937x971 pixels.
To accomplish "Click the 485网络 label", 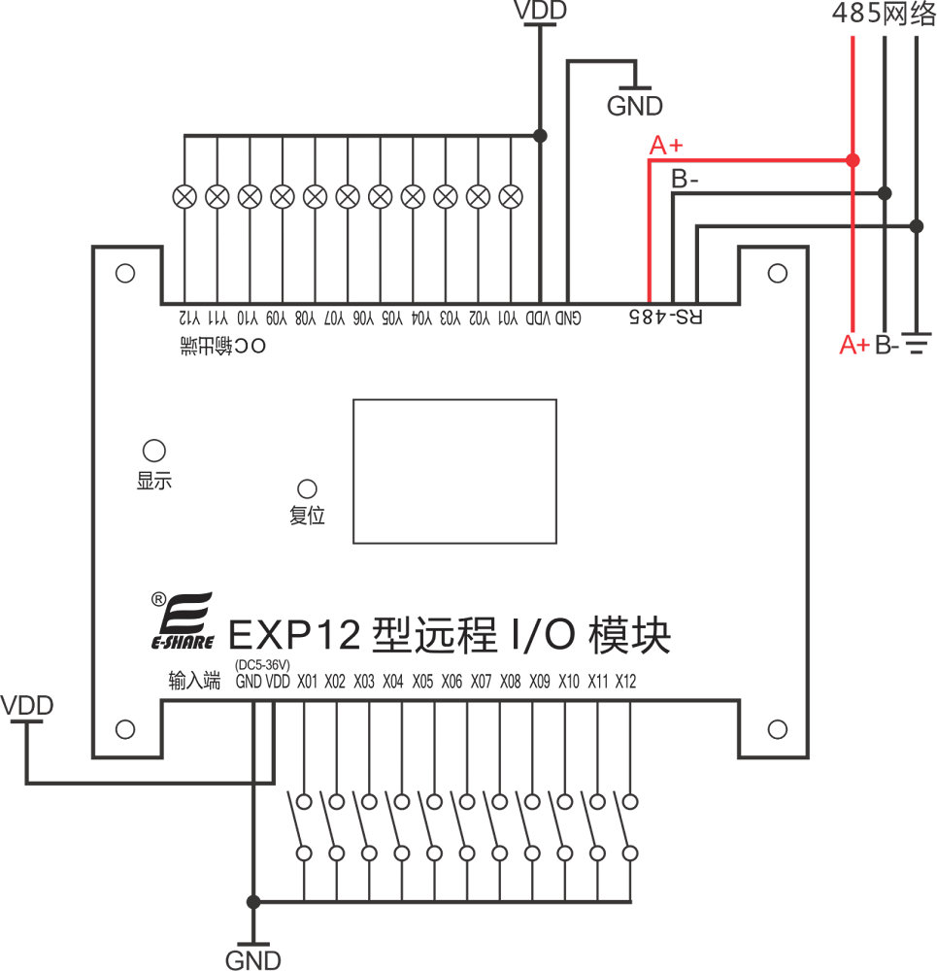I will [x=880, y=14].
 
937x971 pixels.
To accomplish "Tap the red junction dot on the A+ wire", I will [x=852, y=159].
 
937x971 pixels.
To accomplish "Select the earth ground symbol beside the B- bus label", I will [x=917, y=342].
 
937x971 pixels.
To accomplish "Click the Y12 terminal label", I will [x=187, y=318].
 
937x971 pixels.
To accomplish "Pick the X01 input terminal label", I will [x=308, y=682].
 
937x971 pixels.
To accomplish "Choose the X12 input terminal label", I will [x=625, y=682].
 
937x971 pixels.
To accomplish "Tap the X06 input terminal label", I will [x=452, y=682].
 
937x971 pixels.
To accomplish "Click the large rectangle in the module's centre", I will [x=454, y=470].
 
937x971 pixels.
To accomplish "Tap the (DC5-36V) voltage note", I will [x=262, y=664].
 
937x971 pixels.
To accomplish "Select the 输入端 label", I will [x=194, y=682].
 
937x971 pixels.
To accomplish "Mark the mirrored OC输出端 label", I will [x=222, y=346].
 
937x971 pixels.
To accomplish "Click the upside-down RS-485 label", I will [x=666, y=317].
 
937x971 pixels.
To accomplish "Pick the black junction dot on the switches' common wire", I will [x=253, y=901].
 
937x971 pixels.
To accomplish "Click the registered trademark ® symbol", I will [x=158, y=598].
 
